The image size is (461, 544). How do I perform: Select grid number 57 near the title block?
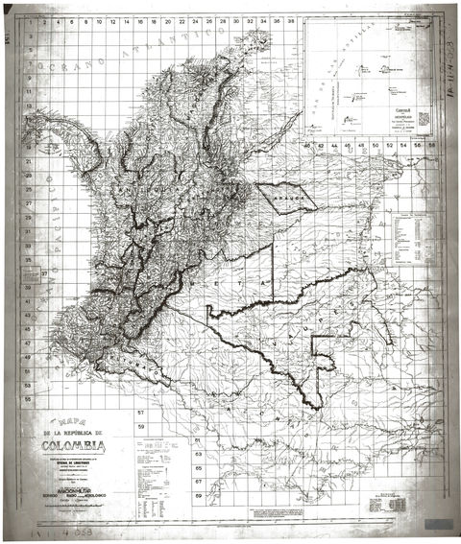point(139,414)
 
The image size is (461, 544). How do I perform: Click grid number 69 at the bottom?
point(198,496)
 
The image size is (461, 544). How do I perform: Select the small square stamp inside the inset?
point(424,118)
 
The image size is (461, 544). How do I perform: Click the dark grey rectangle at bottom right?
point(439,524)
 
